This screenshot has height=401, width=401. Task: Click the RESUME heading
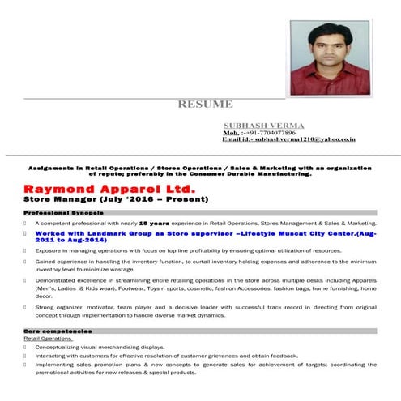(x=206, y=104)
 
